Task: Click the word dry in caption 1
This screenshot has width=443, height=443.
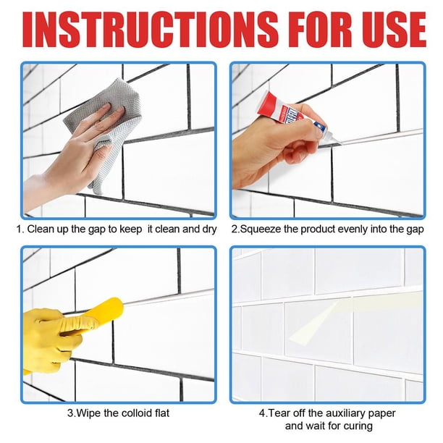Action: point(208,229)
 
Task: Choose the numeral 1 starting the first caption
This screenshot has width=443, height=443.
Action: point(19,229)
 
